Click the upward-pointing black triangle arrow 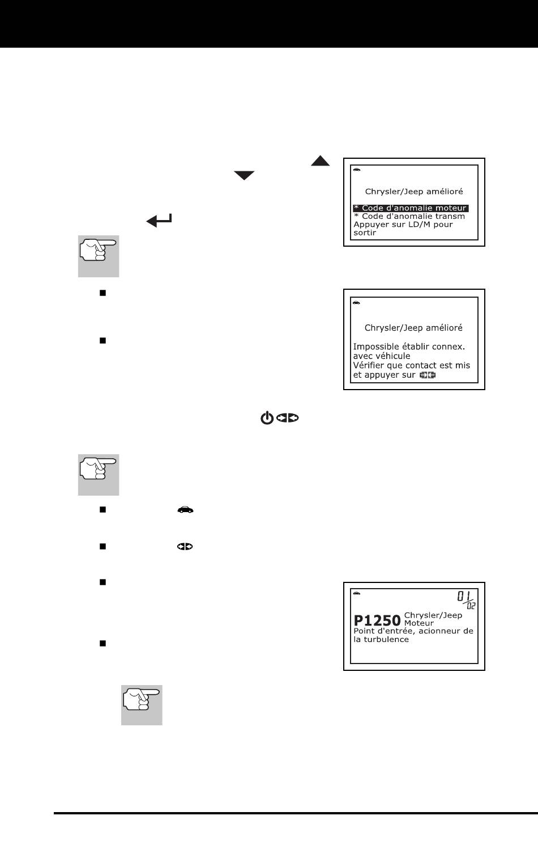(320, 162)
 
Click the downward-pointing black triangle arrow (245, 176)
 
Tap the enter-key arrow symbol (160, 221)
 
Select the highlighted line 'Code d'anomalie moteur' (411, 208)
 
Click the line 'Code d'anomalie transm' (409, 216)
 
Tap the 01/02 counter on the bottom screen (466, 599)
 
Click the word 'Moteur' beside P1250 (419, 623)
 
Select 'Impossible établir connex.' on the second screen (408, 347)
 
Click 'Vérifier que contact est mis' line (411, 365)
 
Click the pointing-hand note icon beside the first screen (99, 256)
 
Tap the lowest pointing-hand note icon (142, 704)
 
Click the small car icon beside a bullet (185, 510)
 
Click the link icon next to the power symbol (288, 419)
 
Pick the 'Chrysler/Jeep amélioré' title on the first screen (413, 192)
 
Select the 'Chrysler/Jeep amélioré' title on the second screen (413, 328)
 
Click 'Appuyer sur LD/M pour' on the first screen (403, 224)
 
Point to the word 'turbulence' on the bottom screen (388, 639)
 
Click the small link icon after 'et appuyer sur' (428, 375)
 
